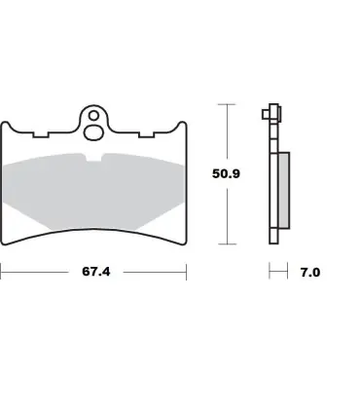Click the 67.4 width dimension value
(x=96, y=272)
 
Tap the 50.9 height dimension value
(x=226, y=173)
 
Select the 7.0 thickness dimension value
(x=310, y=272)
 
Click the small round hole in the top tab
(x=93, y=116)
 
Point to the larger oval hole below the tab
(x=94, y=132)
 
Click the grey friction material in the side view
(x=284, y=190)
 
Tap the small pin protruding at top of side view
(x=266, y=114)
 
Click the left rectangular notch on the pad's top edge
(x=41, y=134)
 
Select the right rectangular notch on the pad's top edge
(x=147, y=134)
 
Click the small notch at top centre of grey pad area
(x=93, y=157)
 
